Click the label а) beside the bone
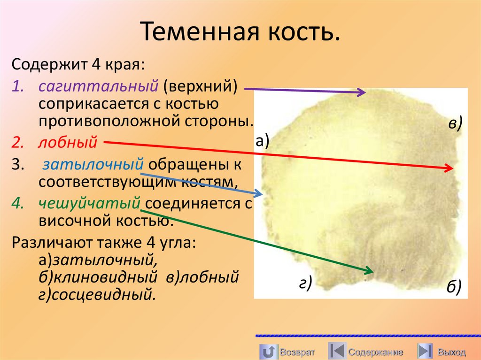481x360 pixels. [262, 140]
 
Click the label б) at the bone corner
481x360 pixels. [454, 286]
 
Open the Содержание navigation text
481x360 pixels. [375, 352]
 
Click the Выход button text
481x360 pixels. [451, 352]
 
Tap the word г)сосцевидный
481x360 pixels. [97, 295]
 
